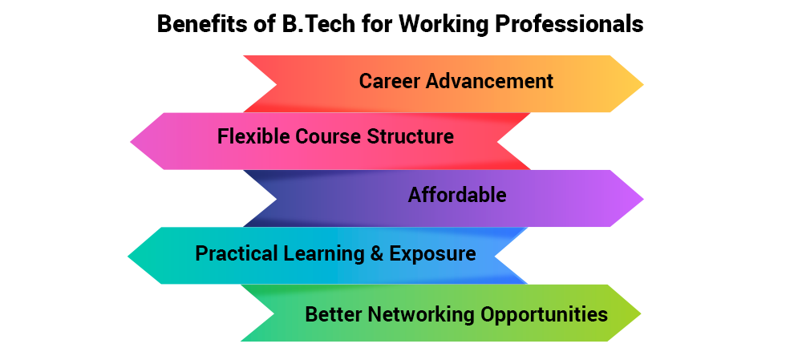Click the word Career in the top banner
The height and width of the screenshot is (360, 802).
tap(389, 81)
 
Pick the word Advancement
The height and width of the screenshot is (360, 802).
tap(490, 81)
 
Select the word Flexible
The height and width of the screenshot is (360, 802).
tap(253, 136)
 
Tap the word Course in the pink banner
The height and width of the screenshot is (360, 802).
tap(328, 136)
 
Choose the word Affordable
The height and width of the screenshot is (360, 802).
tap(457, 195)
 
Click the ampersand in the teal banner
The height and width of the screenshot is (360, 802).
tap(376, 253)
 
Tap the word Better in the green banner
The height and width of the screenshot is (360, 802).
tap(334, 314)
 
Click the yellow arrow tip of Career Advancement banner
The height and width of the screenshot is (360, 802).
tap(643, 84)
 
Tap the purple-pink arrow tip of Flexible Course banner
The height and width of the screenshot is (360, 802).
tap(131, 141)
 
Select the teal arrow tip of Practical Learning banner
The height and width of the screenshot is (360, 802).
tap(128, 256)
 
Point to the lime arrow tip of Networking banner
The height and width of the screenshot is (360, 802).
tap(640, 313)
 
